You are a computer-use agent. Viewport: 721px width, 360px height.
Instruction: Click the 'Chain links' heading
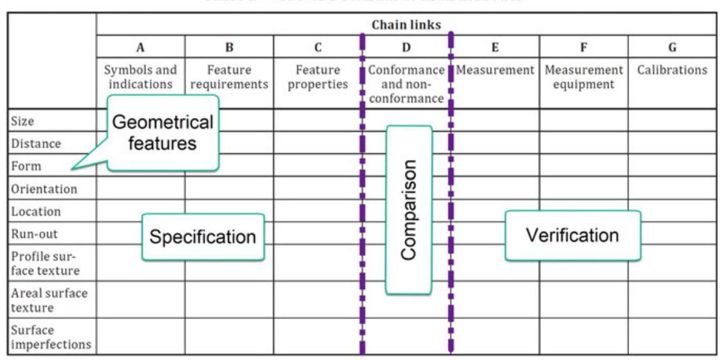pyautogui.click(x=406, y=25)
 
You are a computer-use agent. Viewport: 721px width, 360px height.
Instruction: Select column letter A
pyautogui.click(x=141, y=47)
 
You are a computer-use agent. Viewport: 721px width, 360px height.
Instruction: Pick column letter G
pyautogui.click(x=672, y=47)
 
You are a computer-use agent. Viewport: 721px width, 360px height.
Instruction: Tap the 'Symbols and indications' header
pyautogui.click(x=141, y=77)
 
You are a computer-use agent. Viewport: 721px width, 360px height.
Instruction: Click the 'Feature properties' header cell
pyautogui.click(x=317, y=77)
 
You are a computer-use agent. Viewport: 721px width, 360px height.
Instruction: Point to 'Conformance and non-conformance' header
pyautogui.click(x=406, y=84)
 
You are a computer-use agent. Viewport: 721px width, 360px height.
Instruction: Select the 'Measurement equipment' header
pyautogui.click(x=584, y=77)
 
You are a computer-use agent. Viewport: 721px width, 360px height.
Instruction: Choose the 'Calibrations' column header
pyautogui.click(x=672, y=70)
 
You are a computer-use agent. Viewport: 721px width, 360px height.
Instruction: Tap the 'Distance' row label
pyautogui.click(x=36, y=144)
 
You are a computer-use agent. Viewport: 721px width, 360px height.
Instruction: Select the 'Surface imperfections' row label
pyautogui.click(x=51, y=337)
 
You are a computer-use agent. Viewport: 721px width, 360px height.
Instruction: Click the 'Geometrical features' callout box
pyautogui.click(x=162, y=132)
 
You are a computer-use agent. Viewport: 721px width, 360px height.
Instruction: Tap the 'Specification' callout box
pyautogui.click(x=202, y=237)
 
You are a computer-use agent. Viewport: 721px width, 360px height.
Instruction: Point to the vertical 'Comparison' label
pyautogui.click(x=409, y=209)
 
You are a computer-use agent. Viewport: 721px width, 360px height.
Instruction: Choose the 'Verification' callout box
pyautogui.click(x=572, y=236)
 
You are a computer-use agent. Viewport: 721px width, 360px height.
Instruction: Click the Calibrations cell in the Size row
pyautogui.click(x=672, y=120)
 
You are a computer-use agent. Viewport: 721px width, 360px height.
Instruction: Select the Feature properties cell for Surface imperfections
pyautogui.click(x=317, y=336)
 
